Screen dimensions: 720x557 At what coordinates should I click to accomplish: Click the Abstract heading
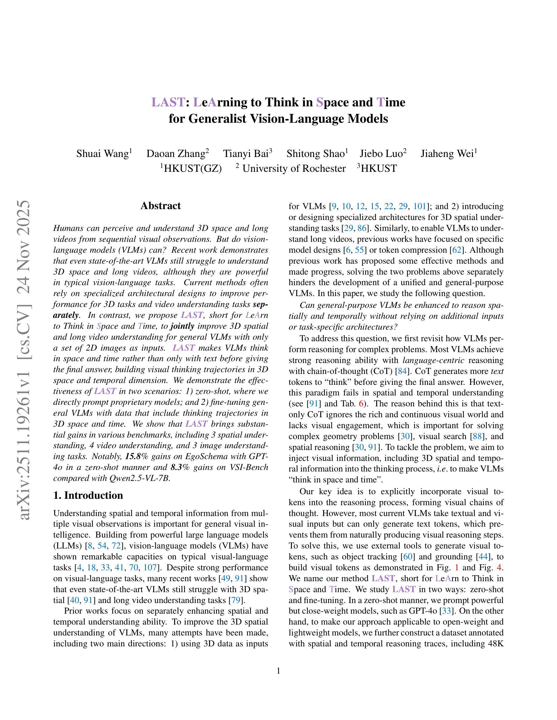(161, 206)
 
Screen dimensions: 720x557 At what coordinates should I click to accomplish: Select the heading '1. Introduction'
(88, 495)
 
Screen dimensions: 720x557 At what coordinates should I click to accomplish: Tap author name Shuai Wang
(102, 154)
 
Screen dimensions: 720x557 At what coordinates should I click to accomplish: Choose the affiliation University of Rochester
(294, 168)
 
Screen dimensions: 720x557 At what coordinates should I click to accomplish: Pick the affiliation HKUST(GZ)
(193, 168)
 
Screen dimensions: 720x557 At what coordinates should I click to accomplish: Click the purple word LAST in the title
(168, 102)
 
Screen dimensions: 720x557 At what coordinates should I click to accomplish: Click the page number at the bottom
(278, 671)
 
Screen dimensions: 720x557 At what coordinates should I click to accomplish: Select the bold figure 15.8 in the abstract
(132, 457)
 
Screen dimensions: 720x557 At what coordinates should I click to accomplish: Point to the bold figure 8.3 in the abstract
(178, 468)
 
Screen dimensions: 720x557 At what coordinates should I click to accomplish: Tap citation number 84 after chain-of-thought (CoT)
(402, 371)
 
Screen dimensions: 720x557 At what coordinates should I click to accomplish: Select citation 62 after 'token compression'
(457, 250)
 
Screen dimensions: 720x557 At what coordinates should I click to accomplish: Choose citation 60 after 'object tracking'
(408, 557)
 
